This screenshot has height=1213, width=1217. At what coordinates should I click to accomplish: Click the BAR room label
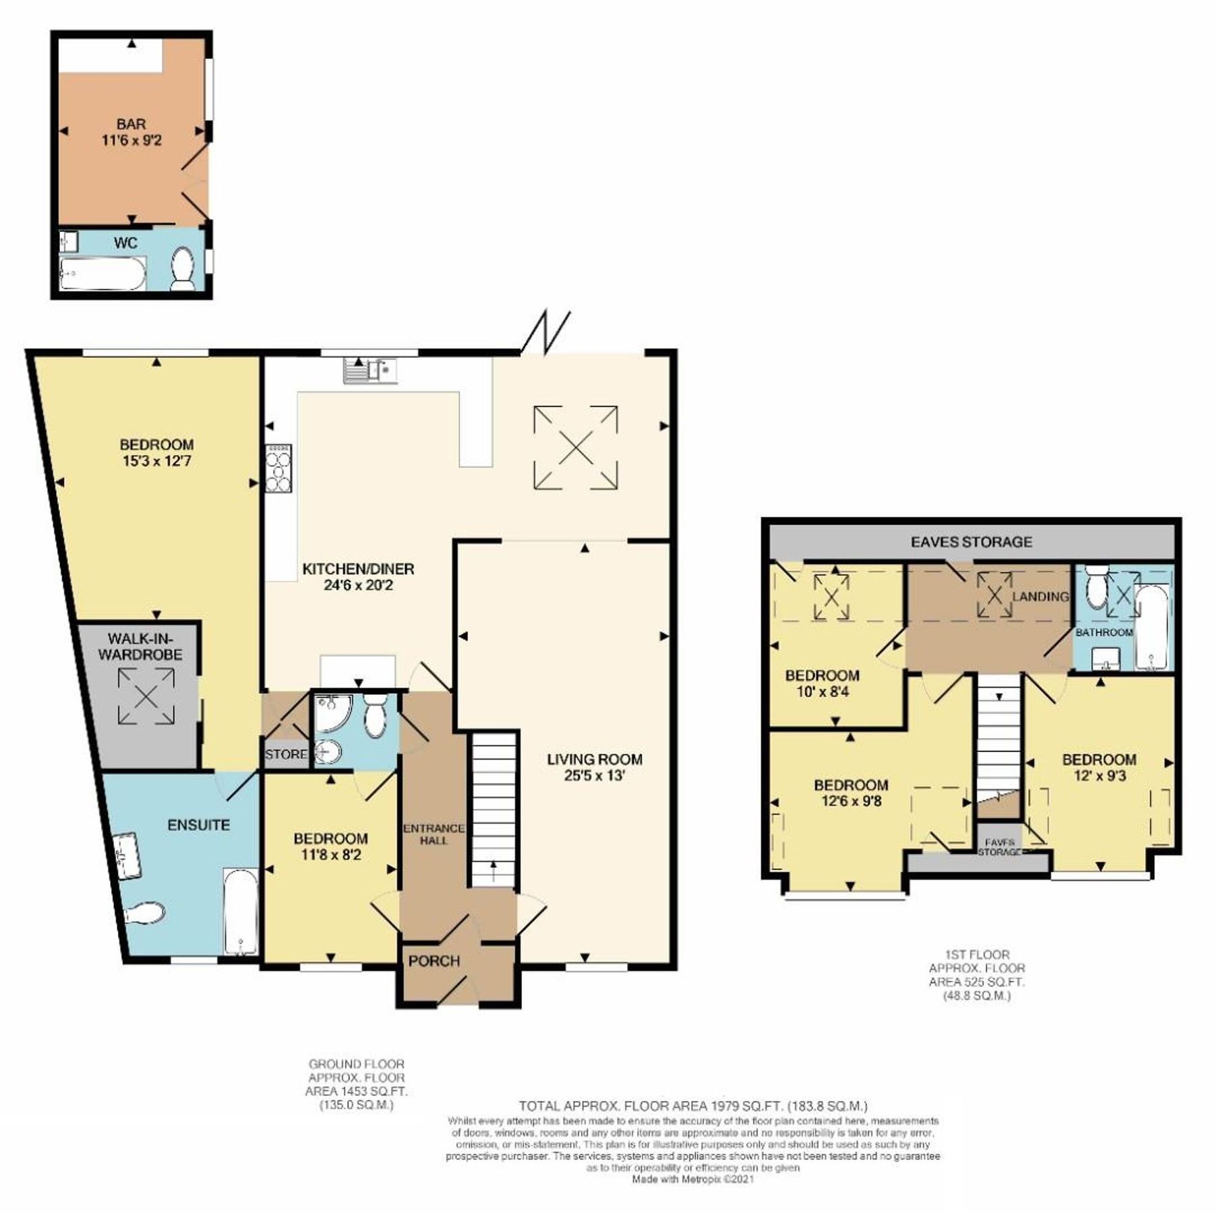tap(131, 124)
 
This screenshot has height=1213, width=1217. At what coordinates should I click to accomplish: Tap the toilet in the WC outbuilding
tap(182, 268)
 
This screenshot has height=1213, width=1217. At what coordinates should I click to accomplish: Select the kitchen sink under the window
tap(370, 370)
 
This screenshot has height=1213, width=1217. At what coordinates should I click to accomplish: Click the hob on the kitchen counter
tap(278, 468)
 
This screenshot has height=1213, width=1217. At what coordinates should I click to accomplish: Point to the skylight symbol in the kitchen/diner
tap(575, 446)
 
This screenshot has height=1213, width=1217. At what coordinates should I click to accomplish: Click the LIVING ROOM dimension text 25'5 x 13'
tap(595, 775)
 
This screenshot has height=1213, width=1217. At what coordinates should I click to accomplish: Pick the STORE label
tap(286, 754)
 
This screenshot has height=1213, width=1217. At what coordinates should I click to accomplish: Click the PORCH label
tap(434, 961)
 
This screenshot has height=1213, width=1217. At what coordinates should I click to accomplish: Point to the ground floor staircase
tap(493, 809)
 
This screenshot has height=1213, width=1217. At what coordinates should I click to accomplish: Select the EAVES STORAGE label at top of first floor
tap(971, 542)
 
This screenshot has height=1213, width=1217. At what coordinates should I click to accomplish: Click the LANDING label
tap(1040, 596)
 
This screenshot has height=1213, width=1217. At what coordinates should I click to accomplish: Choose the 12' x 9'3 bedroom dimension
tap(1099, 776)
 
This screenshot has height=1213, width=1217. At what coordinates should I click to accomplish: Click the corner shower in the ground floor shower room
tap(328, 712)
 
